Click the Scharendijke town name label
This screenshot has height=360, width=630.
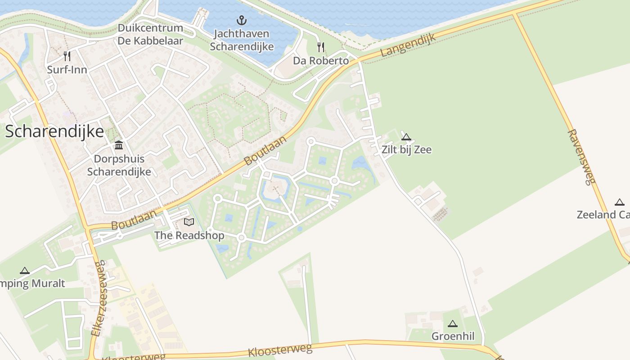coord(54,131)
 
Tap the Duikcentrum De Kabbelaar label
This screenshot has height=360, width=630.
coord(150,35)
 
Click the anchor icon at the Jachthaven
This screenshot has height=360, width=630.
coord(242,20)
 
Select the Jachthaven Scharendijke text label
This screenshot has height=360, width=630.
coord(241,40)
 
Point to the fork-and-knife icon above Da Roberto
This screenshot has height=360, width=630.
coord(321,47)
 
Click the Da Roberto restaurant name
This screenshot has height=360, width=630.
coord(321,61)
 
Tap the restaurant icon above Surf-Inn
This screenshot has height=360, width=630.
coord(67,56)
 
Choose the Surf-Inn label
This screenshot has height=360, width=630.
coord(67,70)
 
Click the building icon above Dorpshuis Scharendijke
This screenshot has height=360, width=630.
coord(119,145)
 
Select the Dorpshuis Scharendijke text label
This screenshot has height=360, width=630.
coord(119,165)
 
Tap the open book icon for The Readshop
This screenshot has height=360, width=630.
coord(189,222)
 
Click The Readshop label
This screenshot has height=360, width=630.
coord(189,235)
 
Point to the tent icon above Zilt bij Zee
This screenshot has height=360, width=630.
coord(406,137)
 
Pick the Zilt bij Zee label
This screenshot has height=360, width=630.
coord(406,150)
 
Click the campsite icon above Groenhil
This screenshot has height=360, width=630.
coord(453,324)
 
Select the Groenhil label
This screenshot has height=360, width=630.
coord(453,336)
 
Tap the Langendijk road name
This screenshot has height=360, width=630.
coord(408,45)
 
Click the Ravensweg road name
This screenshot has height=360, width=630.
coord(581,157)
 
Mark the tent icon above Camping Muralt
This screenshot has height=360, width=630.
coord(25,270)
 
